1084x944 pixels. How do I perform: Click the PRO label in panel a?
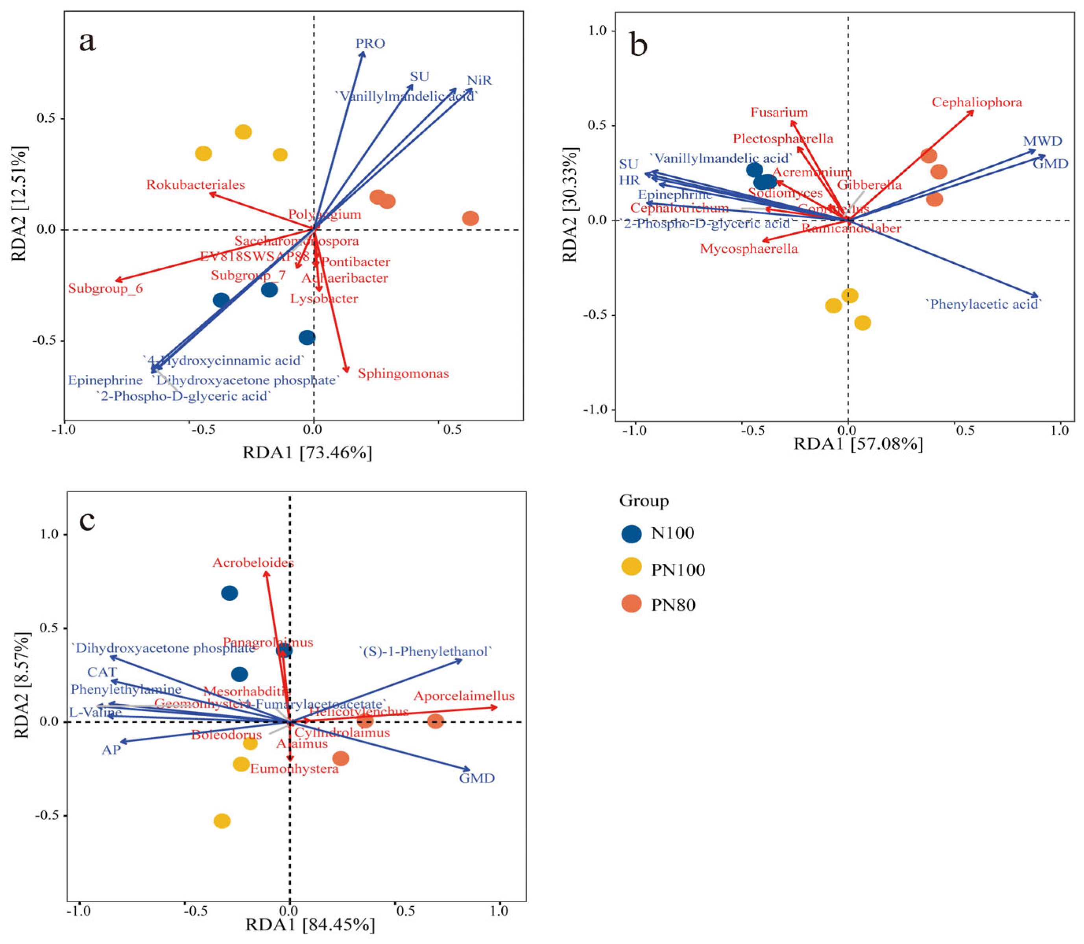370,43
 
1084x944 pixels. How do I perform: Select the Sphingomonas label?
403,374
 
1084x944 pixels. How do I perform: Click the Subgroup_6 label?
105,289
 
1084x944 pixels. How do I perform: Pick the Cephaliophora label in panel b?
977,102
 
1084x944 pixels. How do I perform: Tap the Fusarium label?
779,112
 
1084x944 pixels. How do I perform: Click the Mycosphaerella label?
749,249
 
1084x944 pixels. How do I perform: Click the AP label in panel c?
111,750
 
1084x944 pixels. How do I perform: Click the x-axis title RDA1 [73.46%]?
307,452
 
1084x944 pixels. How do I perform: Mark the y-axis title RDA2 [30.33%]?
571,204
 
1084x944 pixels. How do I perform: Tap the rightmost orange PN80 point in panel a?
470,218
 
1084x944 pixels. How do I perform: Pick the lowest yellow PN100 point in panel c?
222,821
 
